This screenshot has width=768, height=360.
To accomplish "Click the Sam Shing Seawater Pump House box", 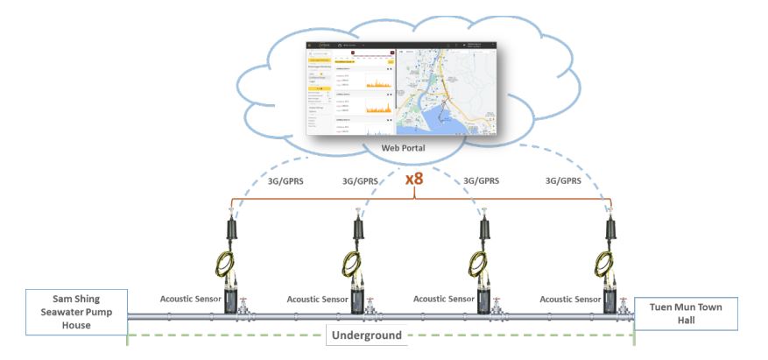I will click(x=64, y=312).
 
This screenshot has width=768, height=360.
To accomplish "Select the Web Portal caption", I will click(x=405, y=149).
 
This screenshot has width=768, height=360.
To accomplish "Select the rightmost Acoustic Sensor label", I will click(x=571, y=299).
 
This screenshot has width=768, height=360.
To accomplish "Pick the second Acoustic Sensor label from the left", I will click(x=318, y=299).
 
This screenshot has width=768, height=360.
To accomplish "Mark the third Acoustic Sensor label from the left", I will click(x=442, y=299).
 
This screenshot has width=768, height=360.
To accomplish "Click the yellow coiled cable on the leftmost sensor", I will click(x=236, y=262).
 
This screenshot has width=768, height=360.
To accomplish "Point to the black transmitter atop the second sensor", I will click(x=358, y=229).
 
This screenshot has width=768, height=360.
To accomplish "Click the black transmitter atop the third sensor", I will click(x=483, y=229).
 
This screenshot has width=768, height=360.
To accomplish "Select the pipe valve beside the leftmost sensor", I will click(x=250, y=308).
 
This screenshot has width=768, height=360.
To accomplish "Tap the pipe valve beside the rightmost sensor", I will click(x=623, y=308).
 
